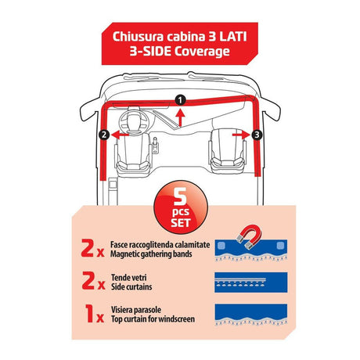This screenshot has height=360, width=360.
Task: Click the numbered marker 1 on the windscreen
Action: (x=180, y=100)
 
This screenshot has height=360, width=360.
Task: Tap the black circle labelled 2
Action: (x=104, y=135)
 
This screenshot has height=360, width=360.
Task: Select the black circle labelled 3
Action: (x=257, y=135)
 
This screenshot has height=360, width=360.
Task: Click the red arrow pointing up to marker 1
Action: (x=180, y=118)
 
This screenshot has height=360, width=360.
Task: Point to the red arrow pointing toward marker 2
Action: (x=120, y=135)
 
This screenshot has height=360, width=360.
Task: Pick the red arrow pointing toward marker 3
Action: (x=241, y=135)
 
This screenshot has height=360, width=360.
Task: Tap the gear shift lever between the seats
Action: (x=155, y=146)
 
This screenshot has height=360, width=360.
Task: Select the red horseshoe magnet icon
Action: (x=249, y=236)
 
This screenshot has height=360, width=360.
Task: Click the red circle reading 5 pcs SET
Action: (x=181, y=207)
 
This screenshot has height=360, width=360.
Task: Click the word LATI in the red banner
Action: (x=232, y=37)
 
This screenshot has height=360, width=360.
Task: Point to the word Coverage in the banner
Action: (x=202, y=51)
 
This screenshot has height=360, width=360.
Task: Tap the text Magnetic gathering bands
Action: (x=151, y=254)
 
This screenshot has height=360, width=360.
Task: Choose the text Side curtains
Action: (x=131, y=286)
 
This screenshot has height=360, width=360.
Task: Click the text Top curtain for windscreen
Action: (x=153, y=319)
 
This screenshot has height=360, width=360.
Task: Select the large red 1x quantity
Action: (x=95, y=313)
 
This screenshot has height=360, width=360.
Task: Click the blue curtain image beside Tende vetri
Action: (x=251, y=283)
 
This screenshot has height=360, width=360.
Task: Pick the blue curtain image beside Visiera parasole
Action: (x=251, y=315)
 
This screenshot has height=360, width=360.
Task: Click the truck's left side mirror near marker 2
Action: (x=89, y=111)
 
